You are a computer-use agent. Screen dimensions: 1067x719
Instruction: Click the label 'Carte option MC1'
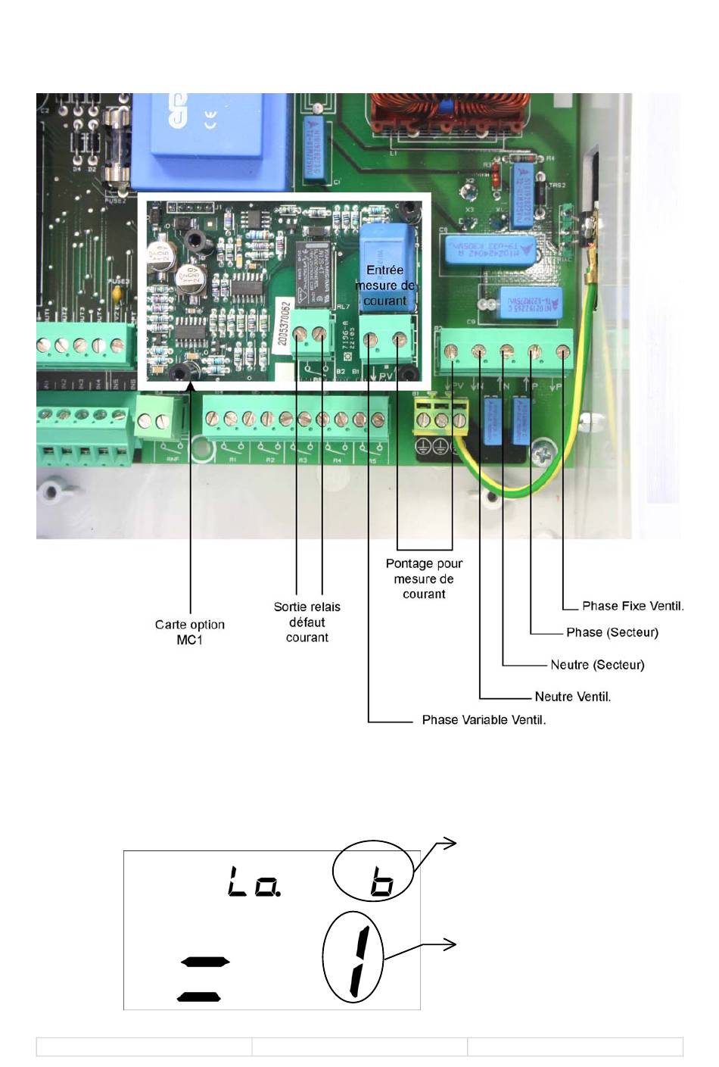pyautogui.click(x=190, y=632)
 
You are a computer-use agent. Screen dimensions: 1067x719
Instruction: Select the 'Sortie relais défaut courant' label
pyautogui.click(x=307, y=622)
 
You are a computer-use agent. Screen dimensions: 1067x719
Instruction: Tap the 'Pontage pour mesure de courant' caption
pyautogui.click(x=424, y=579)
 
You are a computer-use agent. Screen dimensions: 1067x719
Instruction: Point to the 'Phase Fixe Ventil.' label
pyautogui.click(x=633, y=606)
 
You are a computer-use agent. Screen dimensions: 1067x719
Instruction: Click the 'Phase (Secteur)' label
pyautogui.click(x=612, y=632)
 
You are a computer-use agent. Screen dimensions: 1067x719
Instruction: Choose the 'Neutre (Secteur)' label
pyautogui.click(x=597, y=665)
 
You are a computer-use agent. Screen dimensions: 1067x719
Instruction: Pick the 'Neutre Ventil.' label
pyautogui.click(x=572, y=697)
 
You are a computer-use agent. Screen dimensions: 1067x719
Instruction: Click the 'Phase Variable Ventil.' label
pyautogui.click(x=484, y=719)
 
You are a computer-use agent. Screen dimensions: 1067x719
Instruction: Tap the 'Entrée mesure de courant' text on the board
pyautogui.click(x=385, y=285)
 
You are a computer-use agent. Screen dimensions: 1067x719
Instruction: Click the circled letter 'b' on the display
pyautogui.click(x=381, y=883)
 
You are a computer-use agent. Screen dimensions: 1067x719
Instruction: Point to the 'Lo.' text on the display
pyautogui.click(x=254, y=883)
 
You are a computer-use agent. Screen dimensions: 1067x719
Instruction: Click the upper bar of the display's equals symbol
pyautogui.click(x=204, y=962)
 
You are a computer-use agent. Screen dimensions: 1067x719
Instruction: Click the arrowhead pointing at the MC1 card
pyautogui.click(x=190, y=386)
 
